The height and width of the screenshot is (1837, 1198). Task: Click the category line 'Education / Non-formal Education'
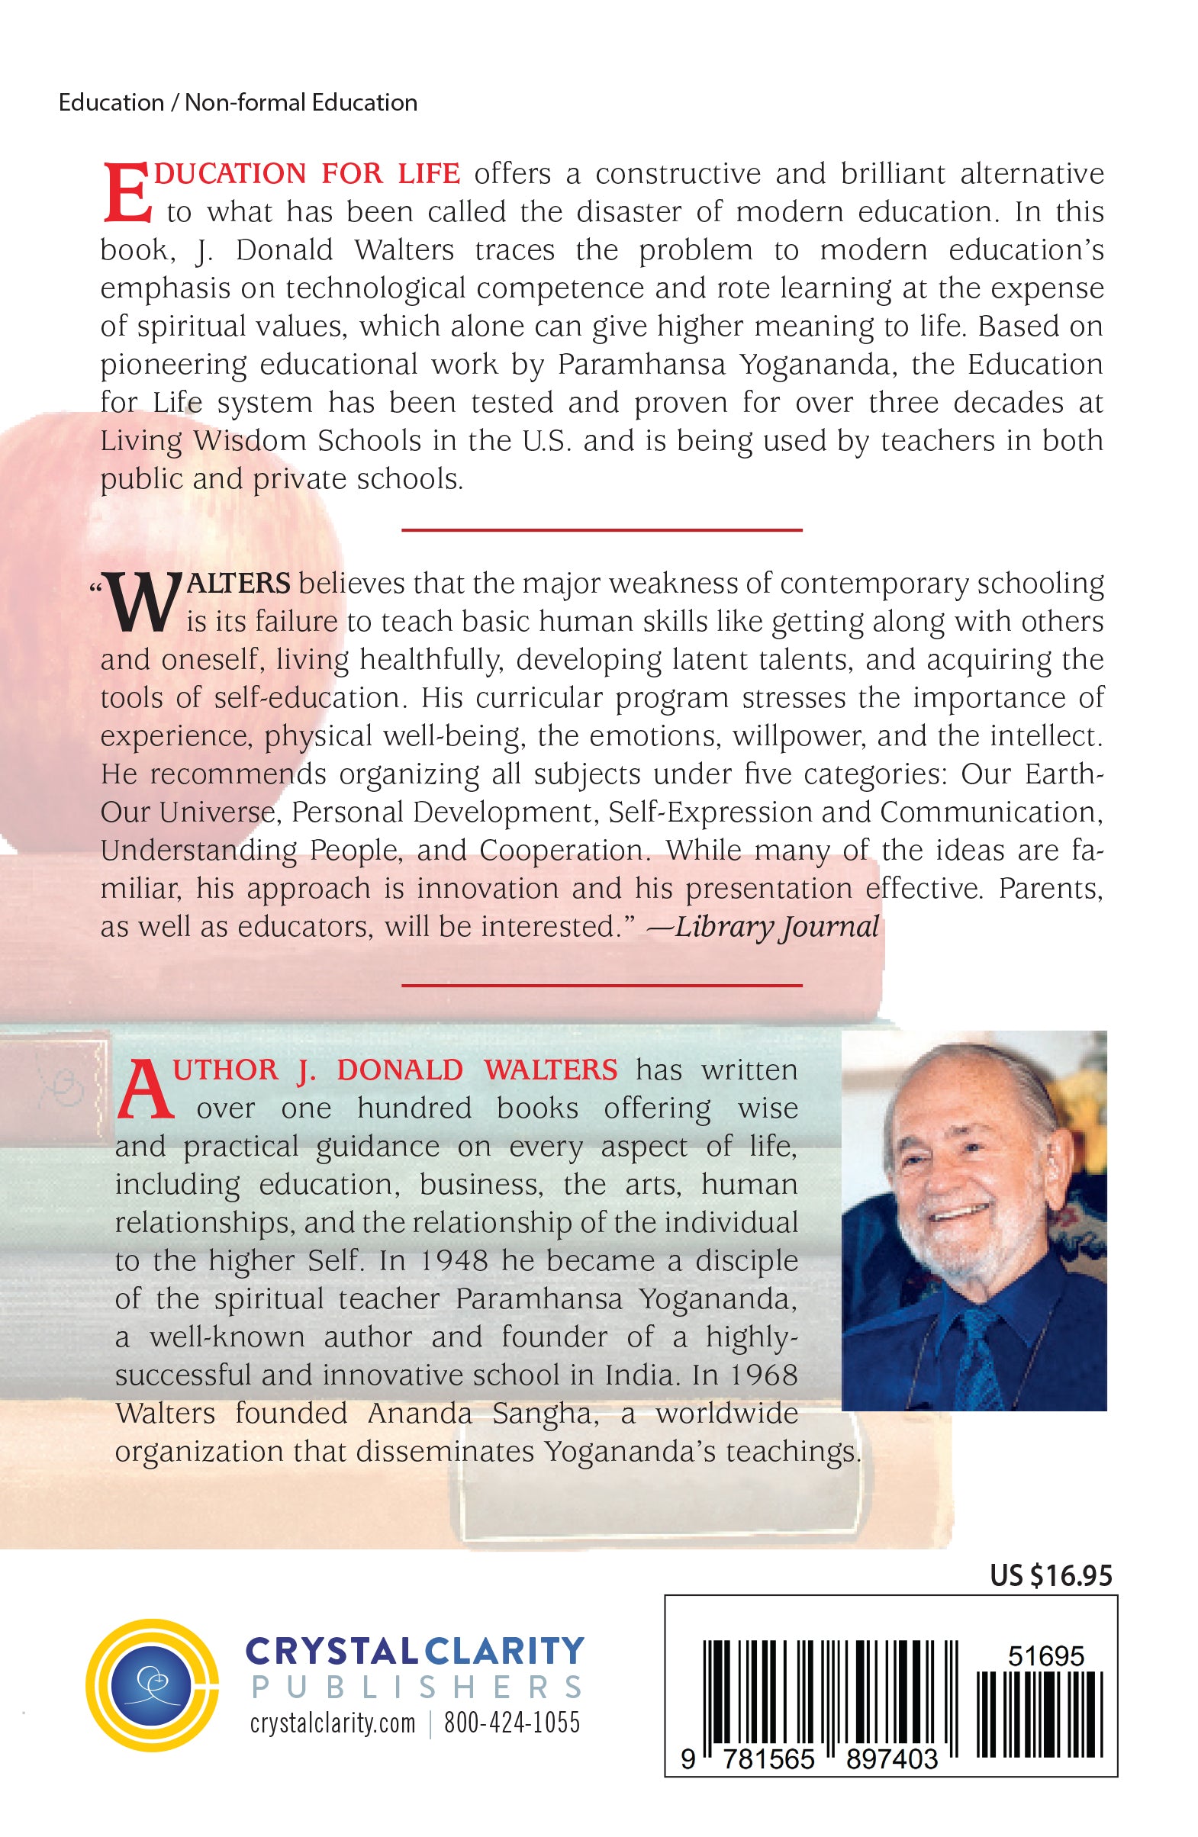coord(238,103)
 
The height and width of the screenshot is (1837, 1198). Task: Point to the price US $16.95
coord(1051,1576)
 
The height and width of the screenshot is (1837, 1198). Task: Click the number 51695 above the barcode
coord(1046,1656)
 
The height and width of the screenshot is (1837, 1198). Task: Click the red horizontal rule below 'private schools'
coord(601,530)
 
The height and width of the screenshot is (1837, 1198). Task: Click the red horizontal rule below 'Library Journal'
coord(601,986)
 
